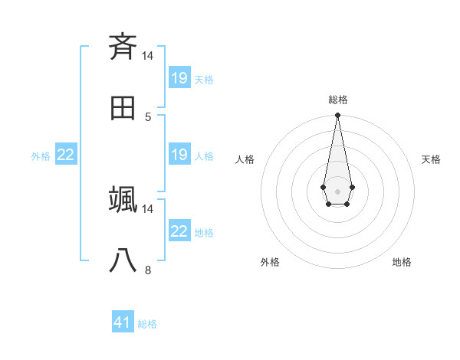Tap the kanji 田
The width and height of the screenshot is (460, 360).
coord(123,108)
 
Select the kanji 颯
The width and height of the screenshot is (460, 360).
coord(123,199)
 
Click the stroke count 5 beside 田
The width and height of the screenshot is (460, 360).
coord(148,116)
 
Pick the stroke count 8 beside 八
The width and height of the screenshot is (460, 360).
coord(148,270)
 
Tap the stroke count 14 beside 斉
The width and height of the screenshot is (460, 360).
coord(148,55)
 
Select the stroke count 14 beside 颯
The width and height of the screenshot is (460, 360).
coord(148,208)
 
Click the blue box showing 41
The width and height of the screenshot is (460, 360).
coord(123,322)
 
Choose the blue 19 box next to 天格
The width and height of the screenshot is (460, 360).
coord(179,77)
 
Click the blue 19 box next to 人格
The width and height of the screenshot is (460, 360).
coord(179,154)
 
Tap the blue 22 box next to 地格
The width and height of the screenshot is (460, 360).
coord(179,231)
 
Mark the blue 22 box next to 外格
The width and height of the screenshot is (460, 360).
coord(66,154)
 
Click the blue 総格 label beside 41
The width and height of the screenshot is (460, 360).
coord(147,324)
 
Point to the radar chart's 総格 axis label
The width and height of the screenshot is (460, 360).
coord(338,100)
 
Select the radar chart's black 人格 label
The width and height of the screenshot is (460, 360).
coord(245,159)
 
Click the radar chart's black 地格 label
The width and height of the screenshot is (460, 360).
coord(402,262)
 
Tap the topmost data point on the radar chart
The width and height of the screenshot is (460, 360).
coord(337,115)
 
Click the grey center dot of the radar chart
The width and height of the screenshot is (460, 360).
coord(337,190)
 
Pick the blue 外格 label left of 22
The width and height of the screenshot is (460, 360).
coord(41,155)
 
